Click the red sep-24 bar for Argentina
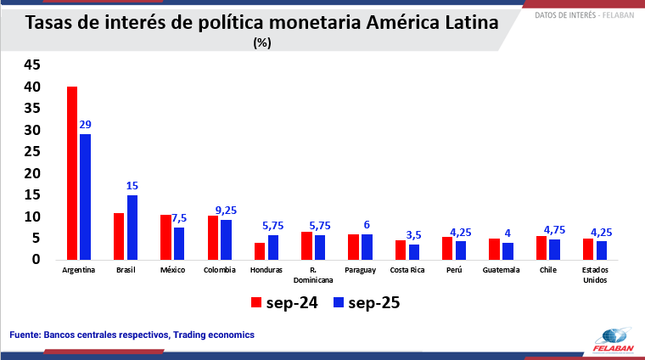click(x=73, y=173)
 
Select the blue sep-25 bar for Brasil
click(x=132, y=228)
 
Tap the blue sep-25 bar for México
click(x=179, y=244)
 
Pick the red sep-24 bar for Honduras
click(x=260, y=251)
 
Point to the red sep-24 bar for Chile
click(x=541, y=248)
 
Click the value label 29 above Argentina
click(x=85, y=125)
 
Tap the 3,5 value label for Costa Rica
click(x=413, y=235)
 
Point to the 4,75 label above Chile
click(x=554, y=230)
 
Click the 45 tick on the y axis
click(x=32, y=65)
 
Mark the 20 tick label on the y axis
click(x=32, y=173)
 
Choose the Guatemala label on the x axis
click(x=501, y=270)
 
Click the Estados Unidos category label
click(x=594, y=275)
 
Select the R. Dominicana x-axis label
click(x=313, y=275)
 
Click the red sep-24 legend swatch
click(x=257, y=302)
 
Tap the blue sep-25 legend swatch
click(x=339, y=302)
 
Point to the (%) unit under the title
click(x=262, y=44)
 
